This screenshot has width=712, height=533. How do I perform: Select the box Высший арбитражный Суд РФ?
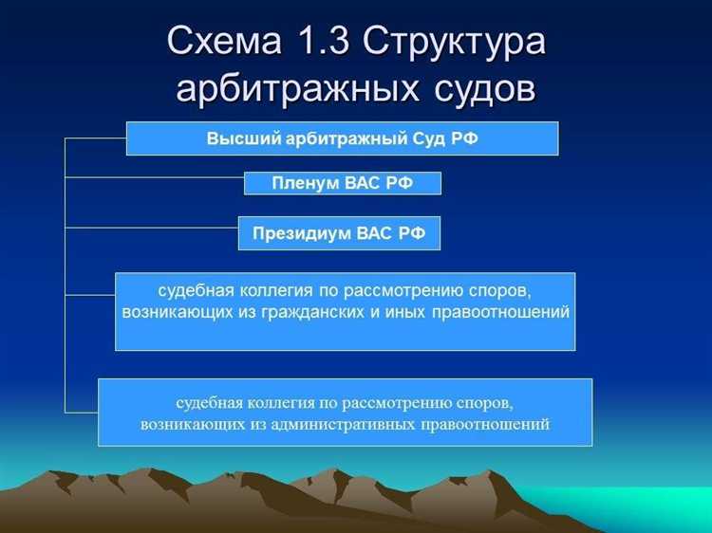[x=342, y=138]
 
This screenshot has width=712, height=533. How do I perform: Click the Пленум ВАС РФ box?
[x=342, y=183]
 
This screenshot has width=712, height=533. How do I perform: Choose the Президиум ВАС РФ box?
[x=339, y=233]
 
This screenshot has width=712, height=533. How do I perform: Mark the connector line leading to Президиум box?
[x=151, y=227]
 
